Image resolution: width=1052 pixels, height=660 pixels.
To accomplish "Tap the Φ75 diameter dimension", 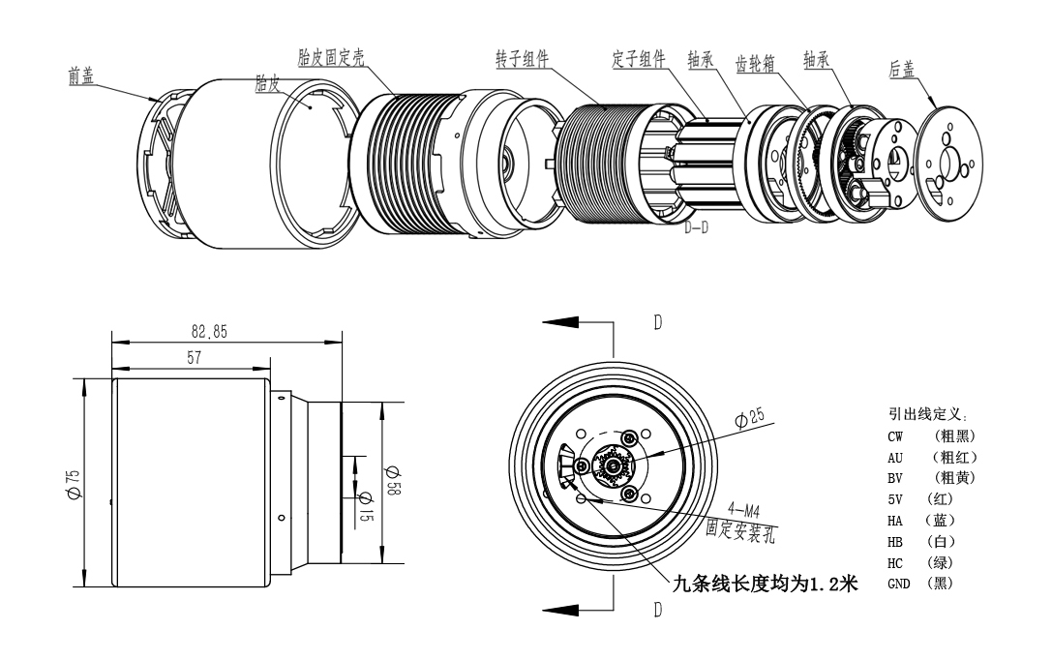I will click(x=75, y=479).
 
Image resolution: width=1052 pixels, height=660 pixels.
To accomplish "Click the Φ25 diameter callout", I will click(x=749, y=419).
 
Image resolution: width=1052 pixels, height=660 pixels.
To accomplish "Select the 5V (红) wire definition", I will click(x=916, y=499).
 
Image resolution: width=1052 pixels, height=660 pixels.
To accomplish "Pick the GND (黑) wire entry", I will click(x=920, y=584).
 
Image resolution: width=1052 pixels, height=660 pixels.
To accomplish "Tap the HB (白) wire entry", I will click(x=915, y=542).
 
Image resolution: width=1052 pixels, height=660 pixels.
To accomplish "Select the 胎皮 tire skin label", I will click(x=267, y=86).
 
